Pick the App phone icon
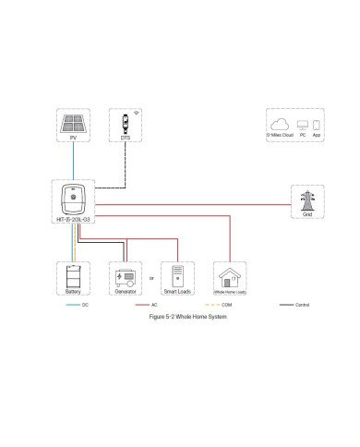pos(316,124)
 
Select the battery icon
pos(72,275)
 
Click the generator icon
pos(125,275)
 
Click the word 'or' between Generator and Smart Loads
pos(151,278)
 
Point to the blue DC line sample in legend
pos(72,303)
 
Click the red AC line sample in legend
pos(141,303)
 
